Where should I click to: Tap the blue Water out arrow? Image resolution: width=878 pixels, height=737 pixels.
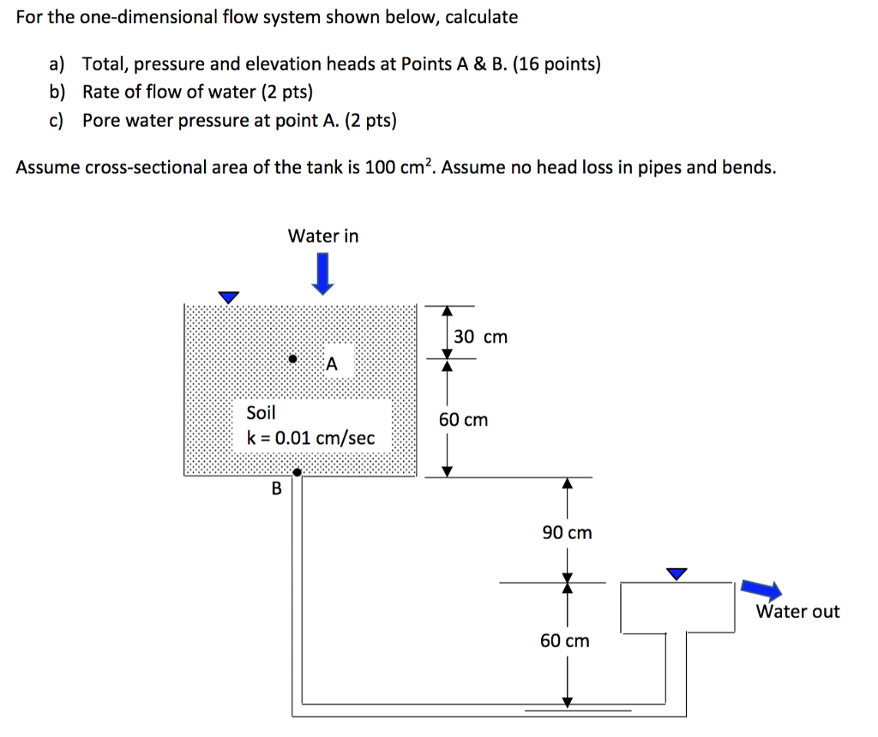coord(761,589)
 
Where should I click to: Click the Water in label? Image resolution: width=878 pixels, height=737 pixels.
coord(323,236)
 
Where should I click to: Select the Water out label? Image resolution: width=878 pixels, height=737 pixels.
coord(797,611)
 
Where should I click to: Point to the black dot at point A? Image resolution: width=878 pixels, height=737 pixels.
coord(292,358)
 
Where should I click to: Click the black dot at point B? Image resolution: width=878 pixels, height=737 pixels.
coord(297,471)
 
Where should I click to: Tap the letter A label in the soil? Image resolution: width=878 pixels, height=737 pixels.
coord(332,364)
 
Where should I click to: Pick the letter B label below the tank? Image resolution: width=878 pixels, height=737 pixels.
coord(276,489)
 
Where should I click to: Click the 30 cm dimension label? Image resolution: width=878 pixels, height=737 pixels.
coord(480,337)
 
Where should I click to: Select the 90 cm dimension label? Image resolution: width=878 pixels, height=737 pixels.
coord(566,532)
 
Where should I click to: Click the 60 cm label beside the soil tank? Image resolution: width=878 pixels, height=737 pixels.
coord(463,419)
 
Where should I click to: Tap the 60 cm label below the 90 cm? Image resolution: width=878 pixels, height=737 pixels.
coord(564,640)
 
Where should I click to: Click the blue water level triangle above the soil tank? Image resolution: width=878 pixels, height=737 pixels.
coord(227,297)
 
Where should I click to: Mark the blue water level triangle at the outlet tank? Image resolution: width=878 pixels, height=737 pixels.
coord(677,573)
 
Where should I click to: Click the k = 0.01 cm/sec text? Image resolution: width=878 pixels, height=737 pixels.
coord(310,438)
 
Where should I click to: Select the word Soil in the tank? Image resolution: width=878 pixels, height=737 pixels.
coord(261,412)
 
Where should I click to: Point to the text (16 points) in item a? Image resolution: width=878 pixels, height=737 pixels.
coord(556,64)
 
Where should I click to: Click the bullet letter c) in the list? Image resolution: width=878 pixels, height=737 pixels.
coord(57,121)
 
